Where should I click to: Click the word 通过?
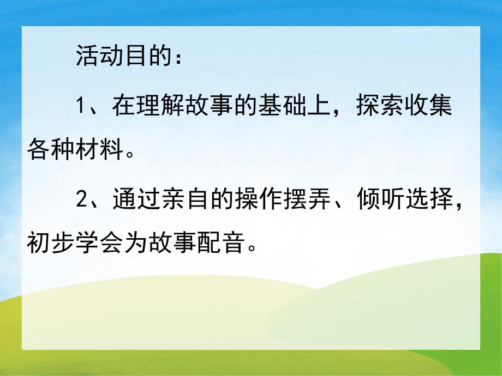coord(129,201)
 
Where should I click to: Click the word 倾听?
coord(374,201)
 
